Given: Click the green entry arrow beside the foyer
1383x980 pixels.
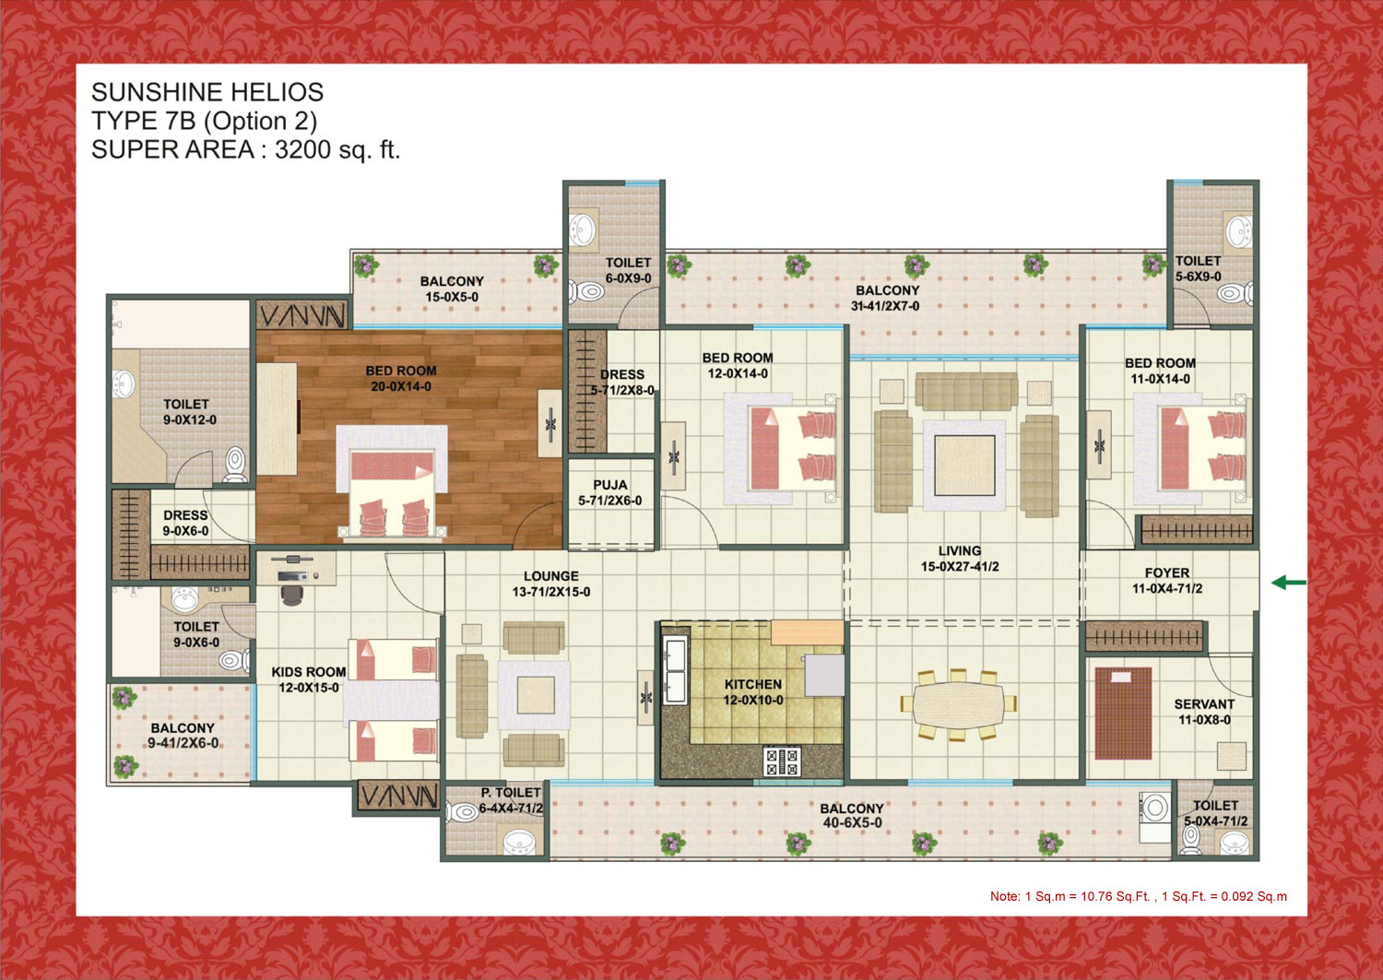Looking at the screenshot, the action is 1289,582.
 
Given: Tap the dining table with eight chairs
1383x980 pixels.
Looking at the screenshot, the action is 959,704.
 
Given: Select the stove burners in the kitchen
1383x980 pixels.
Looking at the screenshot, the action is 782,761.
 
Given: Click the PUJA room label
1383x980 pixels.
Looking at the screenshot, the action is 610,485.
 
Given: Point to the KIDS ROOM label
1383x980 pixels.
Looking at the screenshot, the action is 308,672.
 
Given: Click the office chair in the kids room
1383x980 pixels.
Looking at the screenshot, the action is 292,595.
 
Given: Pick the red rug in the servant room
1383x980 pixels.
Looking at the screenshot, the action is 1123,714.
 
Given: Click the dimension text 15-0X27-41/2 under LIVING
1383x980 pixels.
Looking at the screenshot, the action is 960,566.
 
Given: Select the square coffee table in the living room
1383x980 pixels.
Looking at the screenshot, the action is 964,465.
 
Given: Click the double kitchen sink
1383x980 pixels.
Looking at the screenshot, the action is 675,670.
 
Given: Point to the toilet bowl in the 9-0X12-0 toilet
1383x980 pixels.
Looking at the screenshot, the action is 235,465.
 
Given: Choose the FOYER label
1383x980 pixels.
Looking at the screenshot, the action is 1167,573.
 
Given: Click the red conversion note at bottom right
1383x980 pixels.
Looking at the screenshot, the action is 1139,896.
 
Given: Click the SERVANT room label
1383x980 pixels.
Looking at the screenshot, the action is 1204,704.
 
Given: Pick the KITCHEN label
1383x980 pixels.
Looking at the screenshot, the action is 752,684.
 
